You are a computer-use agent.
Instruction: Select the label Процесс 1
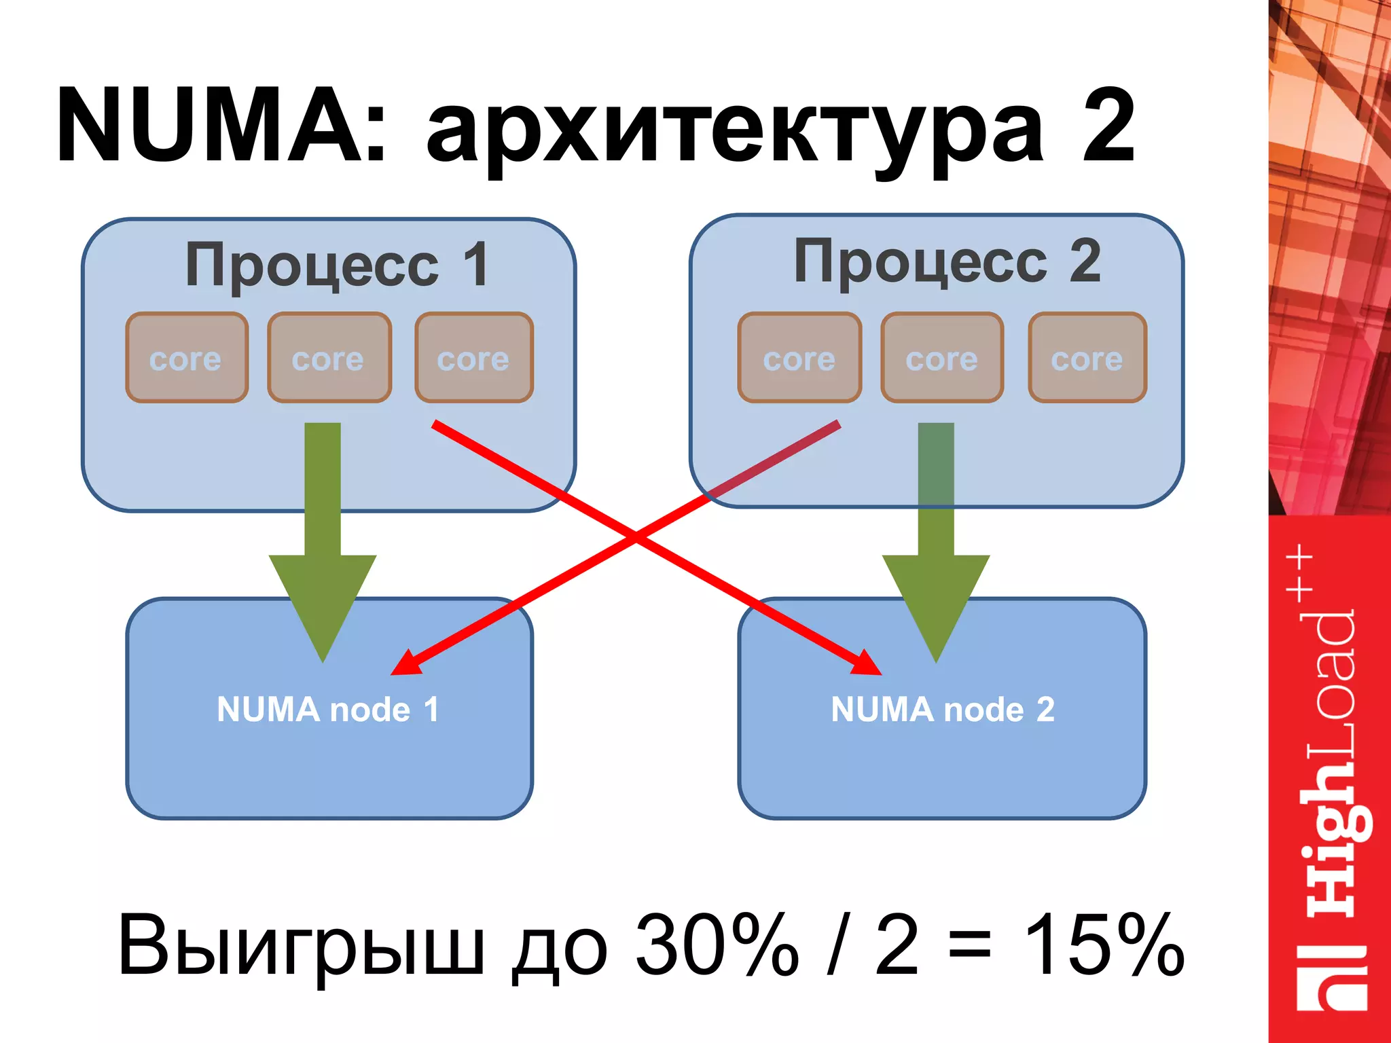[336, 266]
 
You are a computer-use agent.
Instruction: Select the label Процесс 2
[947, 262]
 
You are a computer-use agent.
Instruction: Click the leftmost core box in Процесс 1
[187, 358]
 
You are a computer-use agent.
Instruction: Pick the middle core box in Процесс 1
[329, 358]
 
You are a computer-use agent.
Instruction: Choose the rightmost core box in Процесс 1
[474, 358]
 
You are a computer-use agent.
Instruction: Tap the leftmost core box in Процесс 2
[799, 358]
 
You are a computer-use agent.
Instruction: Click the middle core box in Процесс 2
[942, 358]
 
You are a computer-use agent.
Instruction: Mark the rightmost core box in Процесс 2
[1087, 358]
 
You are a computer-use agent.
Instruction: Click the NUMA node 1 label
[328, 710]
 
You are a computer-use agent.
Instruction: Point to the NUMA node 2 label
[943, 710]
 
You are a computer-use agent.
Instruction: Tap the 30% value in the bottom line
[717, 945]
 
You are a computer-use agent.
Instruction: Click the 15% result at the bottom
[1104, 945]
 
